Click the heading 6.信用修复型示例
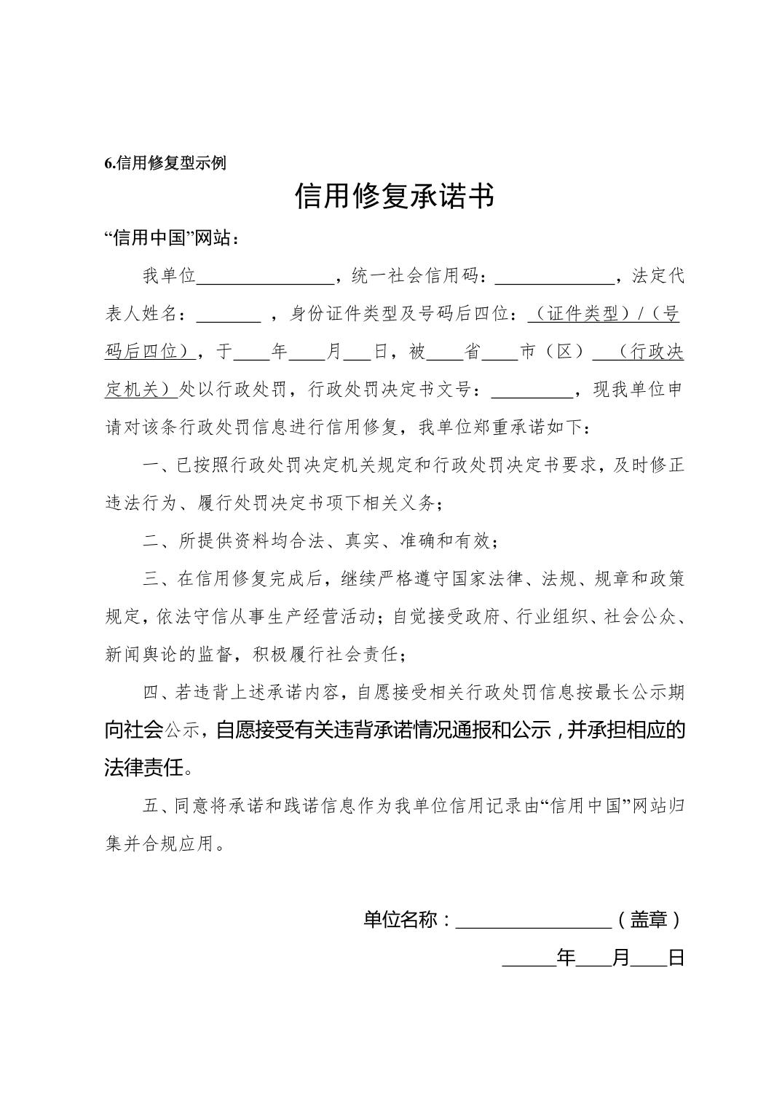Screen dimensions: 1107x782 [x=165, y=163]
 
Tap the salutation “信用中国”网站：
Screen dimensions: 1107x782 [x=172, y=238]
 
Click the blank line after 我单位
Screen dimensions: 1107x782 [x=265, y=277]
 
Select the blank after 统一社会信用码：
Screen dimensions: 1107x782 [x=555, y=277]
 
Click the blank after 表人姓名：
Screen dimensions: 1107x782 [x=229, y=315]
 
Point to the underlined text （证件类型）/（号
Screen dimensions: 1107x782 [x=604, y=314]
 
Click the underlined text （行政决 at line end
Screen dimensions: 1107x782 [x=639, y=352]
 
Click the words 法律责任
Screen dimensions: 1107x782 [x=143, y=768]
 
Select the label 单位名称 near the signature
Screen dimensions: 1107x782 [x=400, y=920]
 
